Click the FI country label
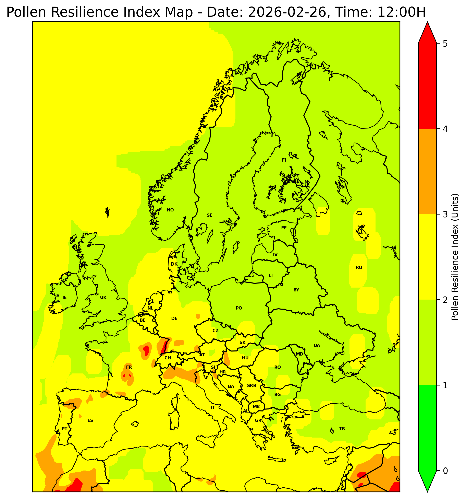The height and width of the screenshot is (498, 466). [x=284, y=160]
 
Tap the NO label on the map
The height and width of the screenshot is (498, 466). [x=170, y=210]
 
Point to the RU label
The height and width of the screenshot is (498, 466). [x=359, y=268]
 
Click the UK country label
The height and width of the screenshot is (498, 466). [x=103, y=298]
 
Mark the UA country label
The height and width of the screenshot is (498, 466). [x=317, y=345]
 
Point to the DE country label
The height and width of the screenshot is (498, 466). [x=174, y=318]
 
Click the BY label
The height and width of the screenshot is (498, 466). [x=296, y=290]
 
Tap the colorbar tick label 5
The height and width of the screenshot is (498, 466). [x=445, y=44]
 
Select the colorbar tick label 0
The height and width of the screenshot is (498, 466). [x=445, y=471]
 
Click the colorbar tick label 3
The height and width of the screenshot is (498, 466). [x=445, y=215]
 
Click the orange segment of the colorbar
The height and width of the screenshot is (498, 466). [x=427, y=171]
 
